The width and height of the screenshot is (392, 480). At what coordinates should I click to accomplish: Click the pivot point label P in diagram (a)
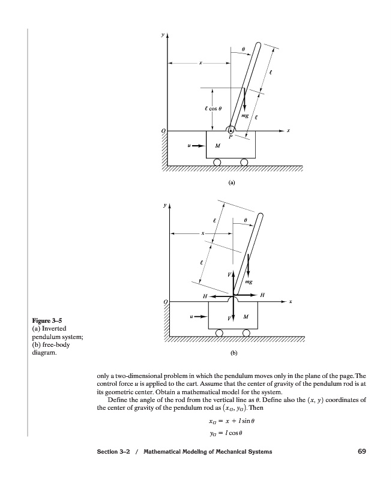coord(231,136)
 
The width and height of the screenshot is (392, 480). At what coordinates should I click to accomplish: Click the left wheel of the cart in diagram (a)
coord(217,162)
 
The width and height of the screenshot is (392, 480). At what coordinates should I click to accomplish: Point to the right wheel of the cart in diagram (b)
coord(246,333)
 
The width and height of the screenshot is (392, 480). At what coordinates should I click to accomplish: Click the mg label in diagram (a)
coord(245,114)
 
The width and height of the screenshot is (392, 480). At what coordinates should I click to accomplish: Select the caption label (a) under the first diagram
coord(231,181)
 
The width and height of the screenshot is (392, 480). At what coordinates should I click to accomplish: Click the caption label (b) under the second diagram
coord(234,353)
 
